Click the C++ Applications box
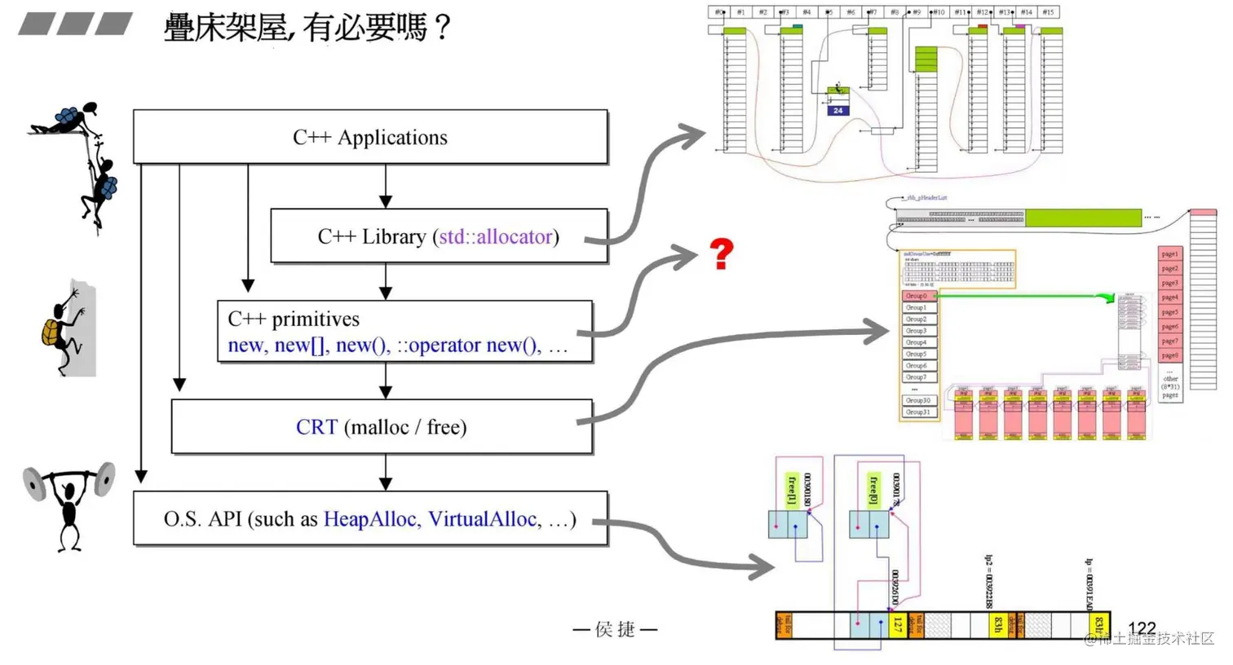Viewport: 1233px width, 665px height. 370,137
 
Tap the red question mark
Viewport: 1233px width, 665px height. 721,254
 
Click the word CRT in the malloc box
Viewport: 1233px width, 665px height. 316,427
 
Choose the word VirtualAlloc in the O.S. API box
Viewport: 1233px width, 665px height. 481,519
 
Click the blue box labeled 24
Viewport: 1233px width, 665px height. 837,110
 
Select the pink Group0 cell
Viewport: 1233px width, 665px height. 919,296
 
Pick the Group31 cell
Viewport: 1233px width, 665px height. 918,412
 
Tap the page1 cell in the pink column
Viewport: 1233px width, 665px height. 1169,254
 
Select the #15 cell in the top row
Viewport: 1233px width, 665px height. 1049,12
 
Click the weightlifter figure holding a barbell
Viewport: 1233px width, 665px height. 68,505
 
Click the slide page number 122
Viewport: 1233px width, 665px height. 1142,628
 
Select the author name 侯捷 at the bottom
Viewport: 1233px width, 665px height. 615,629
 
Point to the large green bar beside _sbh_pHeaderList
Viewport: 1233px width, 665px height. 1082,218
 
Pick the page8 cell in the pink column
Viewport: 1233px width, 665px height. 1169,355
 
